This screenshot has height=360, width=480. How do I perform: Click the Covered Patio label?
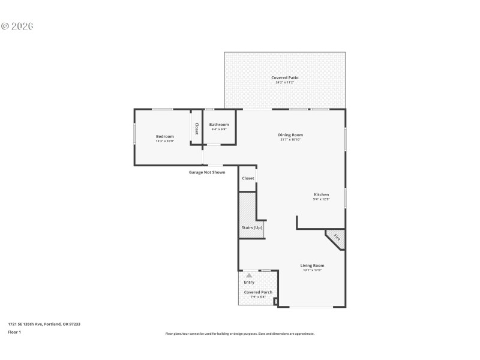click(285, 77)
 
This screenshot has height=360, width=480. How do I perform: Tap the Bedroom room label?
click(165, 136)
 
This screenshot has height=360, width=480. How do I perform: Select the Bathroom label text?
click(219, 124)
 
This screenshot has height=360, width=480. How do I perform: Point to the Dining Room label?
click(290, 134)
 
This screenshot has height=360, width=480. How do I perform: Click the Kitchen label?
click(322, 194)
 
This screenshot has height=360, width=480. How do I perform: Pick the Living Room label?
click(312, 265)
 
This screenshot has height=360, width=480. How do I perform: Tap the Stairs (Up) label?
click(251, 227)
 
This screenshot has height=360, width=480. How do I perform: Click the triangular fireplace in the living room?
click(336, 238)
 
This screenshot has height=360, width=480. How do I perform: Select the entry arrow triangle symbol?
click(249, 275)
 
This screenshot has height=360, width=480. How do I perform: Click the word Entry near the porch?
click(249, 282)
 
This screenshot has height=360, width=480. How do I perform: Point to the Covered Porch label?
click(258, 292)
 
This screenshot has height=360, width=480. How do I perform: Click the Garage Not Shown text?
click(207, 172)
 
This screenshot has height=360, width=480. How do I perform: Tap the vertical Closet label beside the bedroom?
click(196, 128)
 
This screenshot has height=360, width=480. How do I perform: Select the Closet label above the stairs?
click(248, 178)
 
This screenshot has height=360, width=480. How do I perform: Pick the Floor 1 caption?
click(14, 332)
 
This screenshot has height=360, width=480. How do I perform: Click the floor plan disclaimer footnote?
click(239, 334)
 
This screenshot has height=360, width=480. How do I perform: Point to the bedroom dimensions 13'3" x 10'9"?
click(165, 141)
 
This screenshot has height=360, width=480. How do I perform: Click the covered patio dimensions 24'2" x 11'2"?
click(285, 82)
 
